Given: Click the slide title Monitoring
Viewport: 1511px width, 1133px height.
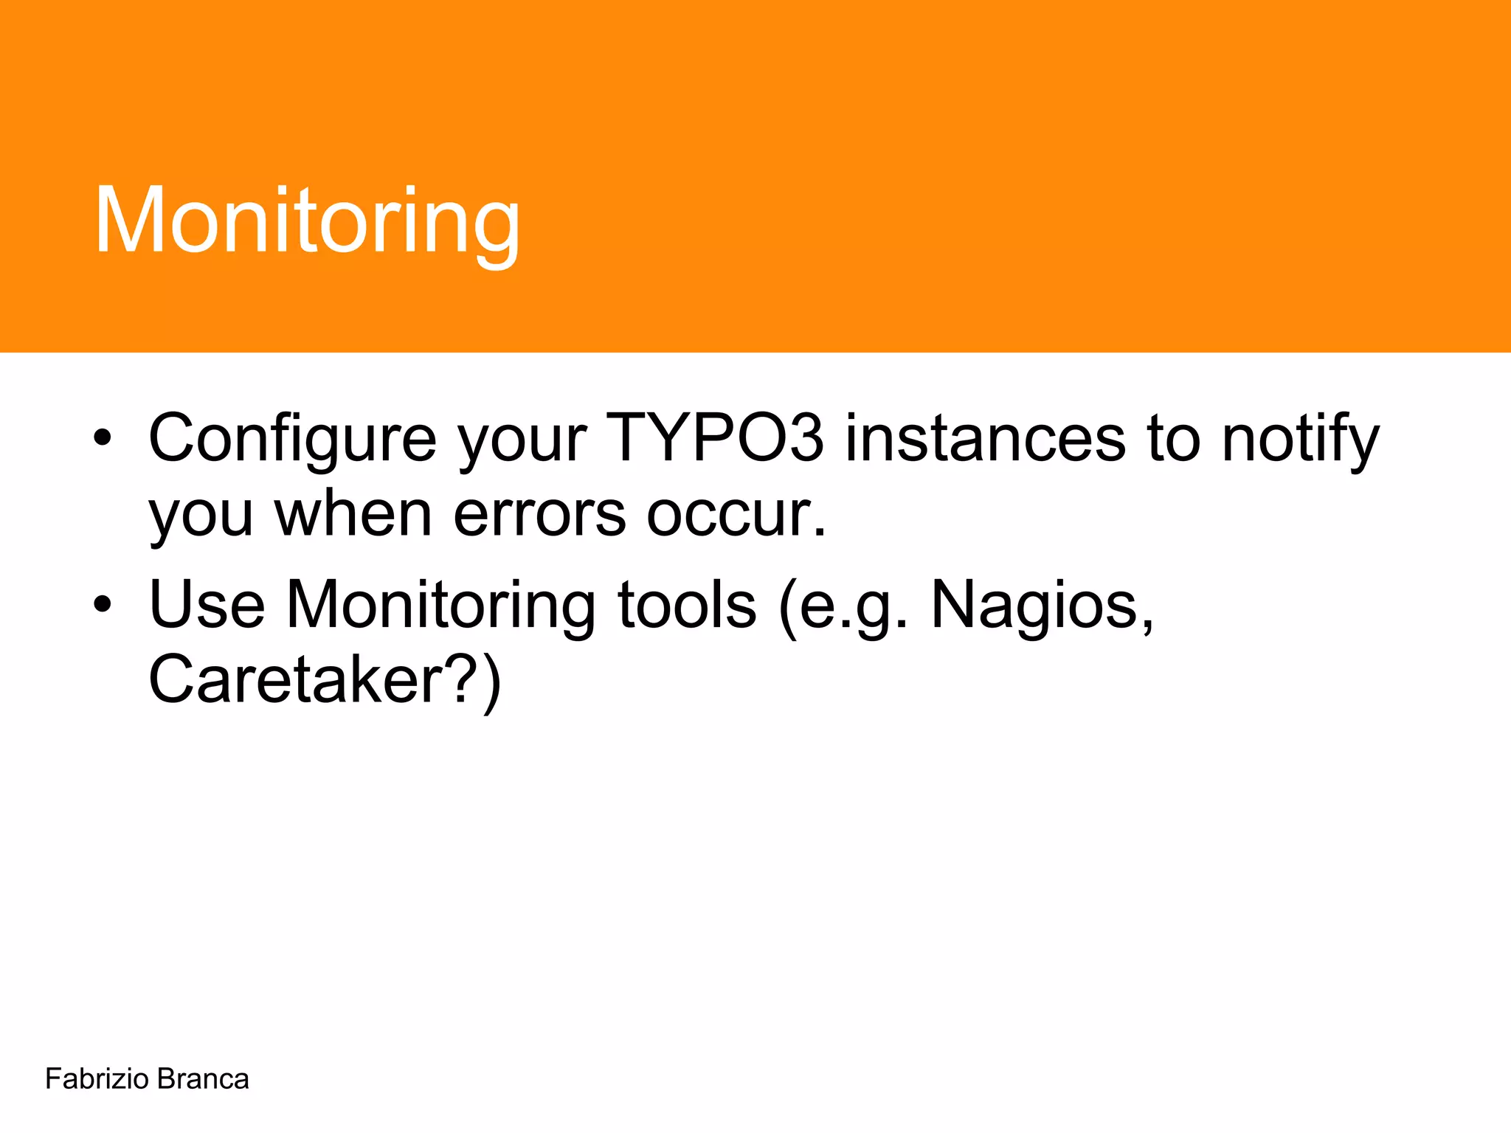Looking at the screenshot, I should (x=308, y=221).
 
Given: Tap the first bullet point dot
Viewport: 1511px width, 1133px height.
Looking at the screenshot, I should (x=103, y=439).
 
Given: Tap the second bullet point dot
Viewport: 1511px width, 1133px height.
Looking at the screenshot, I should (x=103, y=605).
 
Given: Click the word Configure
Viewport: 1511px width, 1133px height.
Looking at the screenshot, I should (x=293, y=439).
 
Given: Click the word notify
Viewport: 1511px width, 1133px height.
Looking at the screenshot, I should (x=1300, y=439).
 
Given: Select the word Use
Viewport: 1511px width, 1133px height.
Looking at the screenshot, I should (x=207, y=605).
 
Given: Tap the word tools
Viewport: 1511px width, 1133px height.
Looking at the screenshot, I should (x=687, y=605).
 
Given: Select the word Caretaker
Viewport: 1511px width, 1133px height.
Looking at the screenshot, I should (x=295, y=679).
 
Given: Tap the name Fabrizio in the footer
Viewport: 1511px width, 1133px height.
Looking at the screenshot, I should (x=97, y=1079).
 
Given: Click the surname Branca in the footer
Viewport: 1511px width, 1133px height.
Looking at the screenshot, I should (x=203, y=1079).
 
